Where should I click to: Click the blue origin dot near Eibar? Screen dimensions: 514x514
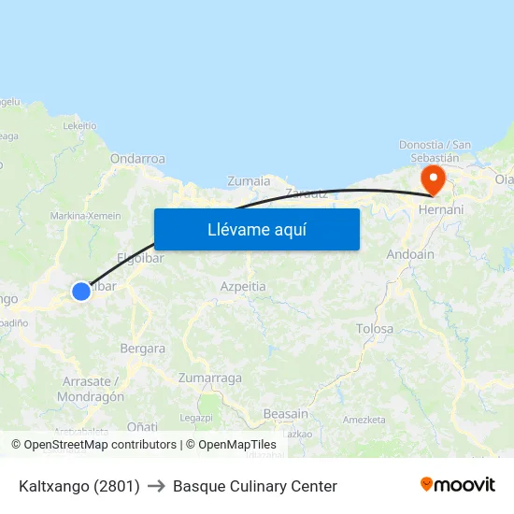(x=81, y=292)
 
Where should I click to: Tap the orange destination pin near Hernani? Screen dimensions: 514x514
(x=433, y=178)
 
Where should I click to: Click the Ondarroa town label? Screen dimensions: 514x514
(x=137, y=159)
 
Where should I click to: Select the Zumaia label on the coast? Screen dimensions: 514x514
(x=249, y=181)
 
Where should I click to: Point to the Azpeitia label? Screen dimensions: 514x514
(x=243, y=286)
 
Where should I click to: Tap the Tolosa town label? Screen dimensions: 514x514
(x=375, y=329)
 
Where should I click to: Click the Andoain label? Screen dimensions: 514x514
(x=410, y=254)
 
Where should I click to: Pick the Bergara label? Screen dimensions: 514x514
(x=142, y=349)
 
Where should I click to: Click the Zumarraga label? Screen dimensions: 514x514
(x=210, y=378)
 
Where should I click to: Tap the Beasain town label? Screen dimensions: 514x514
(x=285, y=414)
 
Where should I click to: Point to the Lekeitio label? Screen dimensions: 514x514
(x=79, y=125)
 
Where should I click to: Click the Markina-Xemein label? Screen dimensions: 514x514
(x=86, y=216)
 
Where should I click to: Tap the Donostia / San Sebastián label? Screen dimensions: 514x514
(x=435, y=150)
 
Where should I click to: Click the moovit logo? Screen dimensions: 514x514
(x=457, y=485)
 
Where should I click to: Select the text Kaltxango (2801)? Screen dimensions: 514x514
(x=79, y=486)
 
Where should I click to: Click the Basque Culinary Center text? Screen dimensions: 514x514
(x=255, y=486)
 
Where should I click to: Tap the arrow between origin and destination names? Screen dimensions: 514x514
(x=156, y=486)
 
